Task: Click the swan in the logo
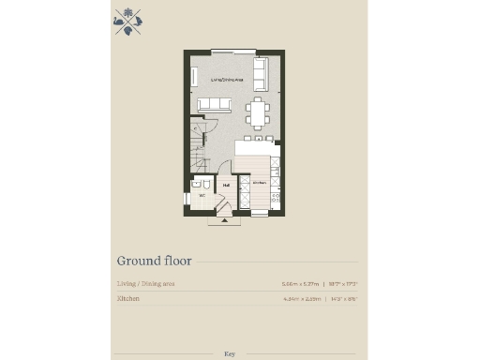click(119, 16)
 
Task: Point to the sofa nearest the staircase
click(212, 105)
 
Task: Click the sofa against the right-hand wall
click(261, 72)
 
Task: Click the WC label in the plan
click(202, 195)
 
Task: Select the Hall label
click(227, 186)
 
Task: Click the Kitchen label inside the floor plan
click(258, 182)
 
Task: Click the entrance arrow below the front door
click(223, 222)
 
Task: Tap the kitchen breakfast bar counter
click(254, 148)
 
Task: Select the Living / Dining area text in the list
click(145, 282)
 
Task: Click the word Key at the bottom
click(230, 353)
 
